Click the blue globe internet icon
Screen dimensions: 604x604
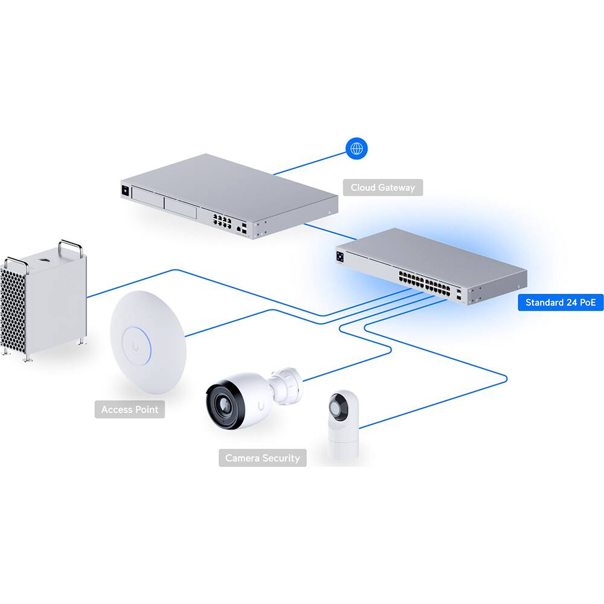point(356,148)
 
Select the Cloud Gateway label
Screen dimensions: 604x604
point(383,187)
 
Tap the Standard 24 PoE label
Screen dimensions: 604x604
point(561,302)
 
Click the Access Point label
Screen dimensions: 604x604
point(130,410)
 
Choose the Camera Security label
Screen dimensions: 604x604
point(262,458)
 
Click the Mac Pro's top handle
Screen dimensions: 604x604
point(70,247)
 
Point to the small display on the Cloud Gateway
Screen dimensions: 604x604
point(126,190)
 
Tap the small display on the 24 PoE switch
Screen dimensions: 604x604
point(342,257)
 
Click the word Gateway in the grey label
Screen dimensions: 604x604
point(396,187)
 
